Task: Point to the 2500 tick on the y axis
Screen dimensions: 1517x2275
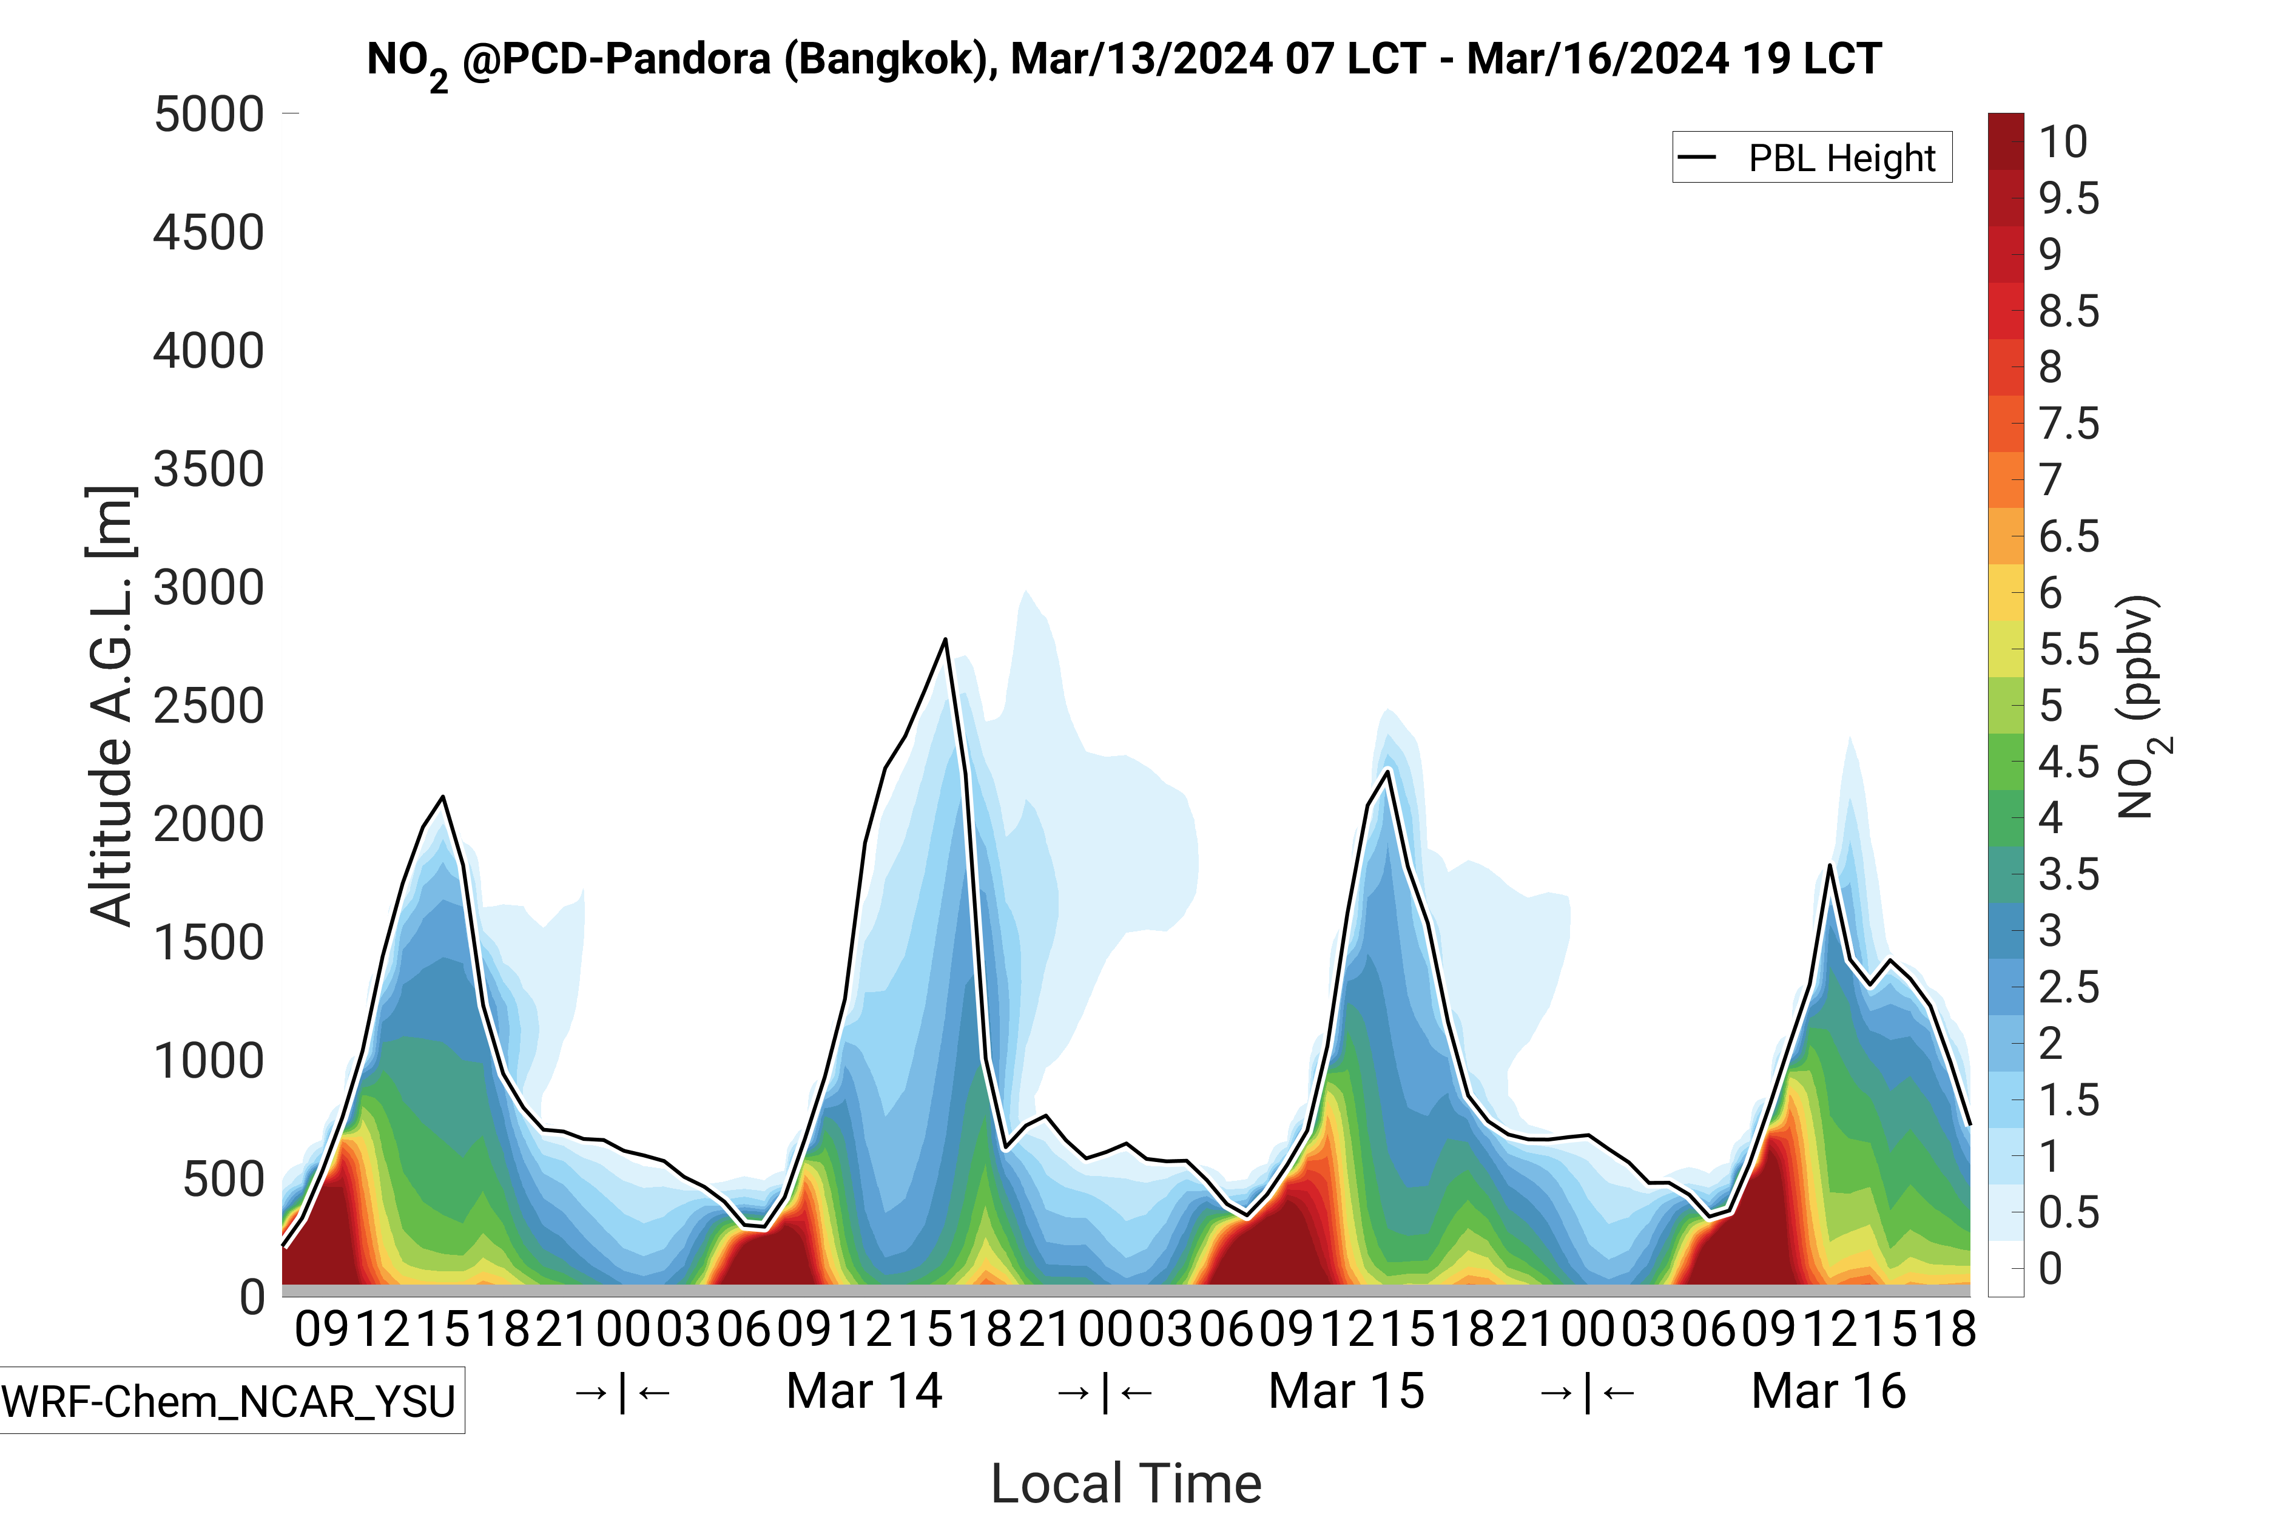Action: point(209,706)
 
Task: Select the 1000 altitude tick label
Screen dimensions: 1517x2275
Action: point(209,1061)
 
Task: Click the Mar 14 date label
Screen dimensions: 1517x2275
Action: point(864,1391)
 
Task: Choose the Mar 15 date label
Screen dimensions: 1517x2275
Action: point(1346,1391)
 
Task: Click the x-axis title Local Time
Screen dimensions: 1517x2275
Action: point(1127,1483)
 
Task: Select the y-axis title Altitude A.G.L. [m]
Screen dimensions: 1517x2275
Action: point(110,706)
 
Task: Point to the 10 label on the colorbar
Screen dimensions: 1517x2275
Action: point(2063,142)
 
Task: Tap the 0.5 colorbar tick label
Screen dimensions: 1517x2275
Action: point(2069,1213)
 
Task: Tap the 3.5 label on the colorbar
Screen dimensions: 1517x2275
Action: point(2069,874)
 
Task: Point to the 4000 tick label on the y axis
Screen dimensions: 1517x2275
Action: point(209,351)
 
